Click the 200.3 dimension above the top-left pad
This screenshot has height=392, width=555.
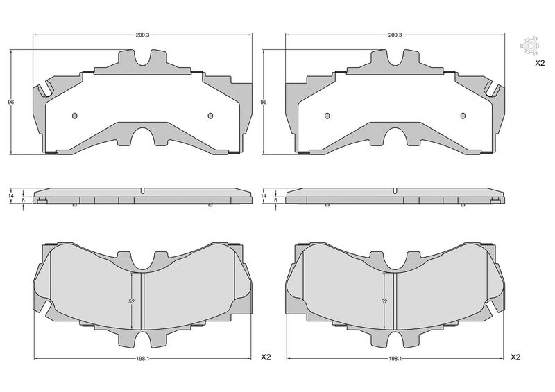click(x=143, y=35)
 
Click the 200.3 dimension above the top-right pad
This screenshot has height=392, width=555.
click(x=395, y=35)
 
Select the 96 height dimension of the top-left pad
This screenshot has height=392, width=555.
click(x=11, y=102)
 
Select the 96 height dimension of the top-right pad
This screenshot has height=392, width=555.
click(x=264, y=102)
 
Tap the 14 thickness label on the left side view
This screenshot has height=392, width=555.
click(x=11, y=195)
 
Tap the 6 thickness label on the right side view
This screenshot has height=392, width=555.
click(x=275, y=200)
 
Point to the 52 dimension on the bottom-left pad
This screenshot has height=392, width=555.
click(x=132, y=301)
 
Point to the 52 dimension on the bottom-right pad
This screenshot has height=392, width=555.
click(x=384, y=301)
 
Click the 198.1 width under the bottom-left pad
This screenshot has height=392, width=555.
click(x=143, y=359)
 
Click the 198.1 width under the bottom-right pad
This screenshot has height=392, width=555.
click(x=395, y=359)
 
